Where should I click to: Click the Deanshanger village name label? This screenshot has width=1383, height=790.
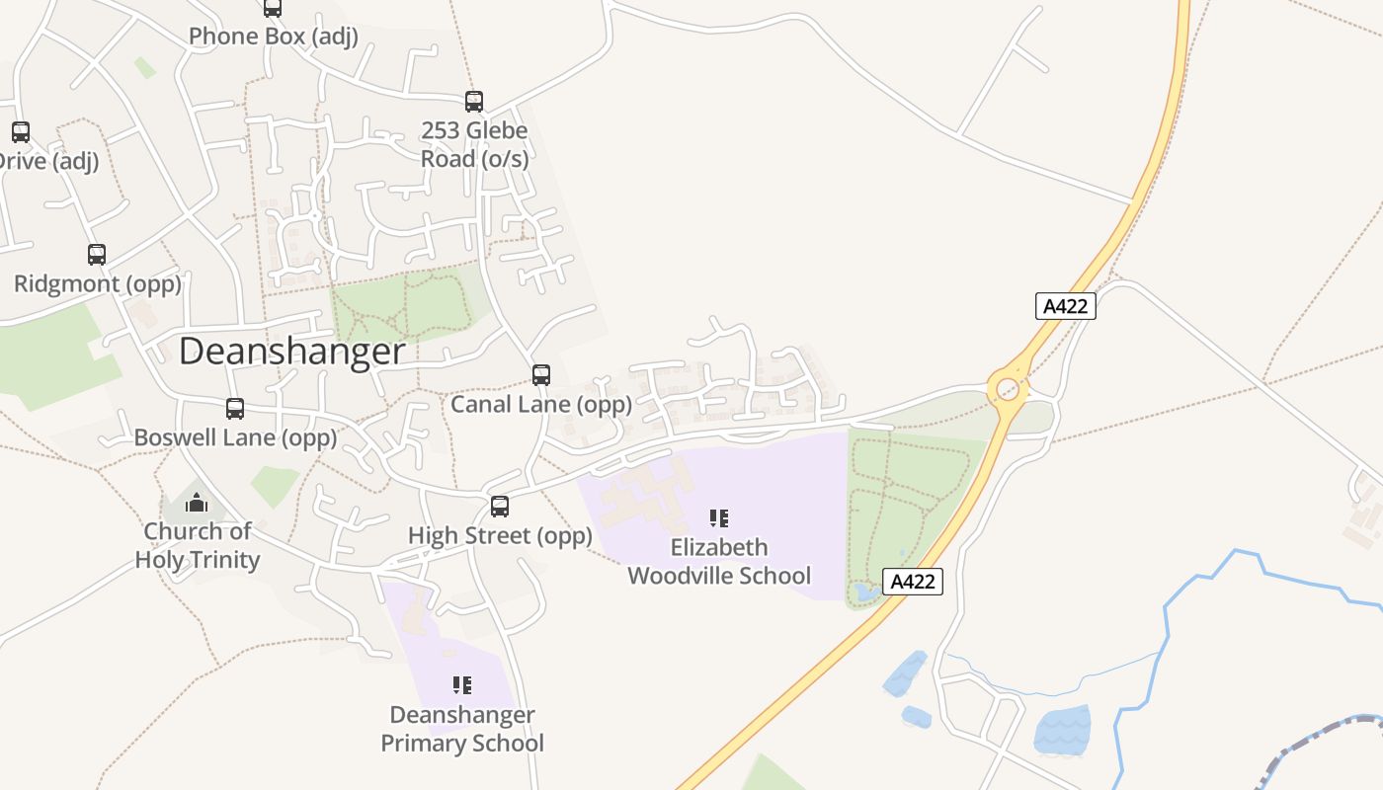(x=291, y=352)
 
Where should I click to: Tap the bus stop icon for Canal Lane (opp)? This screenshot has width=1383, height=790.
(x=541, y=375)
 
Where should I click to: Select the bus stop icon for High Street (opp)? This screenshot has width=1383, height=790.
(x=500, y=507)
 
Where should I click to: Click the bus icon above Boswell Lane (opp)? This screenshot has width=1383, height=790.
(x=235, y=409)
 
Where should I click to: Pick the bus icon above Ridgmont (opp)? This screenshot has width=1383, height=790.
(x=97, y=255)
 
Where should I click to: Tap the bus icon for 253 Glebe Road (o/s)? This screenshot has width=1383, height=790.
(x=474, y=102)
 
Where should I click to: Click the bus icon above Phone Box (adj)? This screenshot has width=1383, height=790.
(x=273, y=9)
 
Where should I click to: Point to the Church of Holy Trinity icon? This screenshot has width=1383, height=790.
(x=198, y=504)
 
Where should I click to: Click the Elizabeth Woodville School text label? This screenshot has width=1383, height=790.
(x=719, y=561)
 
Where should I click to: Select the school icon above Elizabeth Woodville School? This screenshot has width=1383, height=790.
(x=719, y=517)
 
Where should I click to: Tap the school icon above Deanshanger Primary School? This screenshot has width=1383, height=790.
(x=461, y=684)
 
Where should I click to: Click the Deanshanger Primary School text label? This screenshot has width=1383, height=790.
(x=462, y=729)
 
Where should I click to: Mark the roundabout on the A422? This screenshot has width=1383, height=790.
(x=1008, y=389)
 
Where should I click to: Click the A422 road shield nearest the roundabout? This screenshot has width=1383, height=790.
(x=1066, y=306)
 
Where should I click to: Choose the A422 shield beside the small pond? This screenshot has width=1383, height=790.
(x=912, y=582)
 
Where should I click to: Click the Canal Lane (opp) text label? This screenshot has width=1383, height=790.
(x=541, y=405)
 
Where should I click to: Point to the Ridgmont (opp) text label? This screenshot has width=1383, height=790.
(x=98, y=284)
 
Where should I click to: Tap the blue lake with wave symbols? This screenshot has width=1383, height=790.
(x=1062, y=732)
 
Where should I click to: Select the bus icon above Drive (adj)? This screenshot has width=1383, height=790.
(x=21, y=131)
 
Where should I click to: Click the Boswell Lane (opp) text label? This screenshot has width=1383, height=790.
(x=235, y=437)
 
